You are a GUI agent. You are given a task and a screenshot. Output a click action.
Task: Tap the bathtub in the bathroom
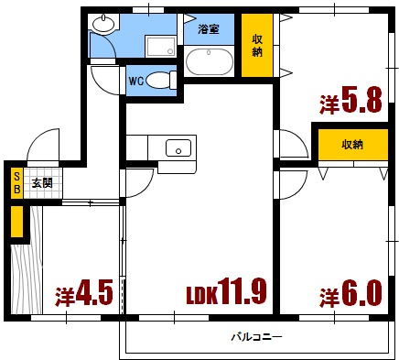[210, 61]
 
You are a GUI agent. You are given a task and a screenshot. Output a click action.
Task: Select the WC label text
[136, 80]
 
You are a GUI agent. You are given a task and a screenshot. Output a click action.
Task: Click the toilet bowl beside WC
[162, 80]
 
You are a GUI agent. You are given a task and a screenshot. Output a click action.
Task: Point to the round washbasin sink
[104, 25]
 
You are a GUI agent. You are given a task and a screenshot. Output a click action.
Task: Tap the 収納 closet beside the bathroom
[258, 46]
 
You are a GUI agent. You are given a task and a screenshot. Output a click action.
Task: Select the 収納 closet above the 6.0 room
[352, 146]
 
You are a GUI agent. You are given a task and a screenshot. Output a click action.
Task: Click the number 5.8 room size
[362, 101]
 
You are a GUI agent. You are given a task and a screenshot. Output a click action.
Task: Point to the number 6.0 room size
[361, 295]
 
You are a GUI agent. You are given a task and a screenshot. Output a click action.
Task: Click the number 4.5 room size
[95, 295]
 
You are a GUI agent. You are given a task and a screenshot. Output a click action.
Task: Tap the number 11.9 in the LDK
[243, 293]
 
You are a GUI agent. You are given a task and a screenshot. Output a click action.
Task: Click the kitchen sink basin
[178, 147]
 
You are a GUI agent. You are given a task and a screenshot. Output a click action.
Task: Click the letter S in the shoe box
[16, 177]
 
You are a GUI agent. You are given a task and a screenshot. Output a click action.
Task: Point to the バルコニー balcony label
[256, 337]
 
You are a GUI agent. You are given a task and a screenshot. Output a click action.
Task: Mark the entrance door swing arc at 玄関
[42, 147]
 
